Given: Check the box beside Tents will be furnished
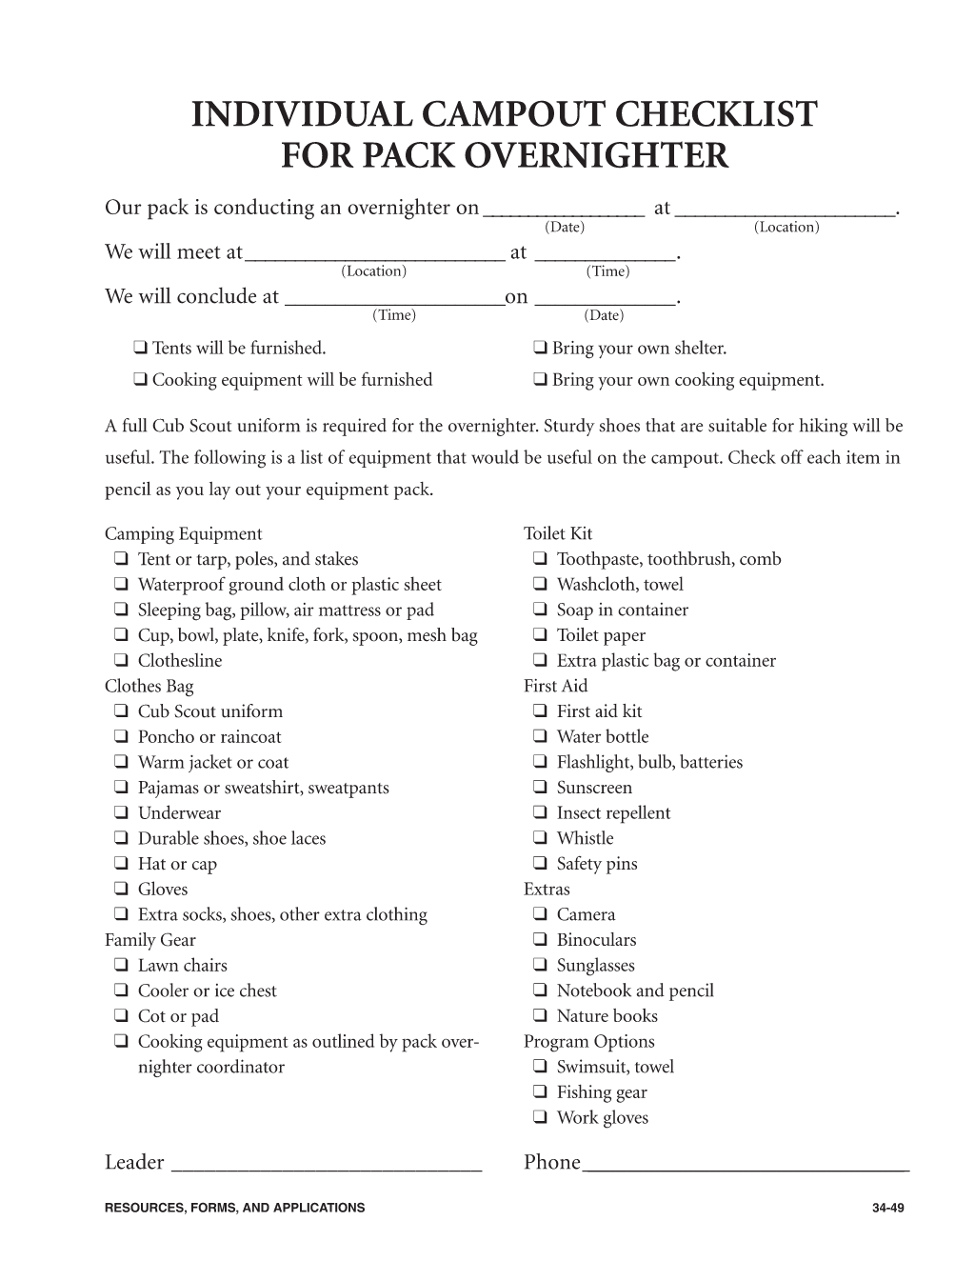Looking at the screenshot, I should [x=140, y=349].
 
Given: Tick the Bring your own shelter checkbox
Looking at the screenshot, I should [x=540, y=349].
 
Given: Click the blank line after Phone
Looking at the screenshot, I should [x=746, y=1163].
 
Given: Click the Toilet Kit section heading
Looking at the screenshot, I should [x=558, y=534].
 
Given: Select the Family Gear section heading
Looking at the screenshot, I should [x=149, y=940].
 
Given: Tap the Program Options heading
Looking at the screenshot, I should [x=588, y=1042].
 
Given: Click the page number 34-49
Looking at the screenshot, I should [x=886, y=1208].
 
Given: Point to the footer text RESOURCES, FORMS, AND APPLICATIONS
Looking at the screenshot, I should [x=234, y=1208].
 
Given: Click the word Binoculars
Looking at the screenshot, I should [x=596, y=940].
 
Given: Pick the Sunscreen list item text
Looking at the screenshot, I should [x=594, y=788].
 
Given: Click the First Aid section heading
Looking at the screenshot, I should [x=555, y=686].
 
